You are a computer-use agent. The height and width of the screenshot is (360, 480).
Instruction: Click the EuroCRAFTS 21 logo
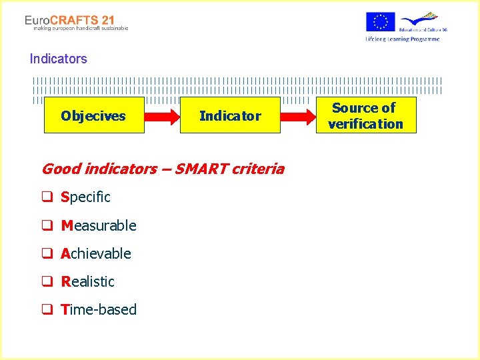click(x=70, y=21)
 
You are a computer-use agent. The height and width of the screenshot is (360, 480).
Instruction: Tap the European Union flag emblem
click(x=380, y=22)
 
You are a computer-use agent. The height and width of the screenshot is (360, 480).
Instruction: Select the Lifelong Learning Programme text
click(x=402, y=39)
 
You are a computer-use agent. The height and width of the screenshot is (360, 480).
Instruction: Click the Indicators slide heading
click(x=58, y=59)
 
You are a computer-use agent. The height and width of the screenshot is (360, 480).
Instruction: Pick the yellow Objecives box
click(x=93, y=115)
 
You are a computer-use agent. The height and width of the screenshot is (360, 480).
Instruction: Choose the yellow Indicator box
click(x=230, y=115)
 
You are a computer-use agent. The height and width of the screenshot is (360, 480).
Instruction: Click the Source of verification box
click(x=365, y=115)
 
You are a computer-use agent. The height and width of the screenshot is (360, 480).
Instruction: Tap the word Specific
click(x=85, y=197)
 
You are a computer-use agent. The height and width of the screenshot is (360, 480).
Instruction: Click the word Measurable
click(x=99, y=225)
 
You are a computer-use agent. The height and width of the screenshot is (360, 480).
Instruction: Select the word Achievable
click(x=96, y=253)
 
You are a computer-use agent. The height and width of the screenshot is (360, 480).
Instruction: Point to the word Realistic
click(x=87, y=281)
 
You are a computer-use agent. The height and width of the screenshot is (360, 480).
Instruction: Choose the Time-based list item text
click(x=99, y=309)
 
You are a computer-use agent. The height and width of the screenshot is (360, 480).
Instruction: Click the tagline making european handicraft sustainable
click(x=77, y=29)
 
